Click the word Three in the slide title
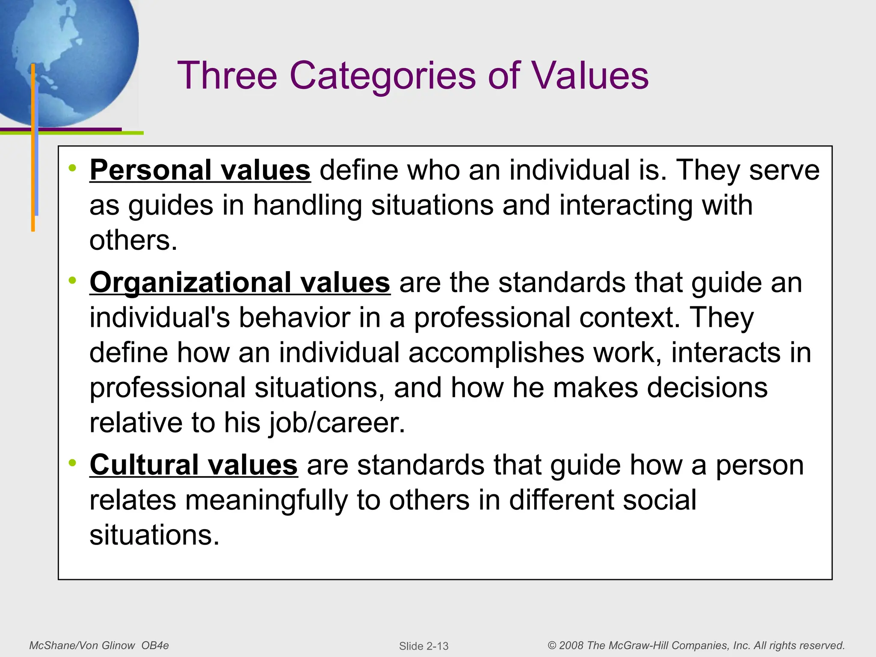(227, 75)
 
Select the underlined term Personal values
(200, 170)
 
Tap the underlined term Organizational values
(240, 283)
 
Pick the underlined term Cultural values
(193, 465)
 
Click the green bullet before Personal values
(73, 168)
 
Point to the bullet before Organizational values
(73, 281)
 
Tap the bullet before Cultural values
(73, 463)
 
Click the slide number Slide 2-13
(423, 646)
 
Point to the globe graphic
(68, 56)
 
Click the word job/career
(337, 423)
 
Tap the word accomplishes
(496, 353)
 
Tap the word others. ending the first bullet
(133, 240)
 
